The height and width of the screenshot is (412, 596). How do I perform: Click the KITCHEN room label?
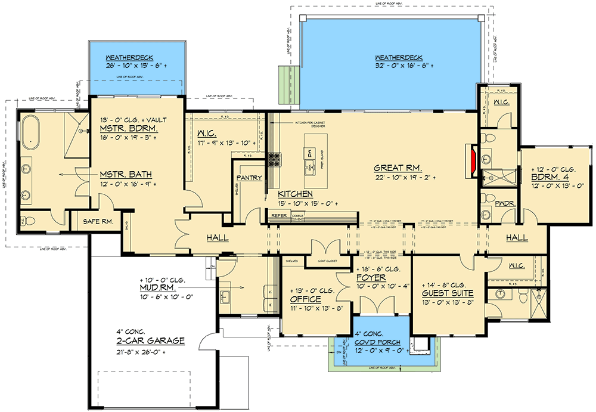(296, 194)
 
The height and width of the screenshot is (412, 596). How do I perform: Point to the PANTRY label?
(250, 178)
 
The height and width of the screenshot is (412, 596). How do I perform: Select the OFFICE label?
(306, 299)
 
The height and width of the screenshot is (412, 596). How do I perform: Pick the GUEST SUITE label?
(448, 293)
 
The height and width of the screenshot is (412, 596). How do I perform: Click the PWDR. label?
(501, 203)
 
